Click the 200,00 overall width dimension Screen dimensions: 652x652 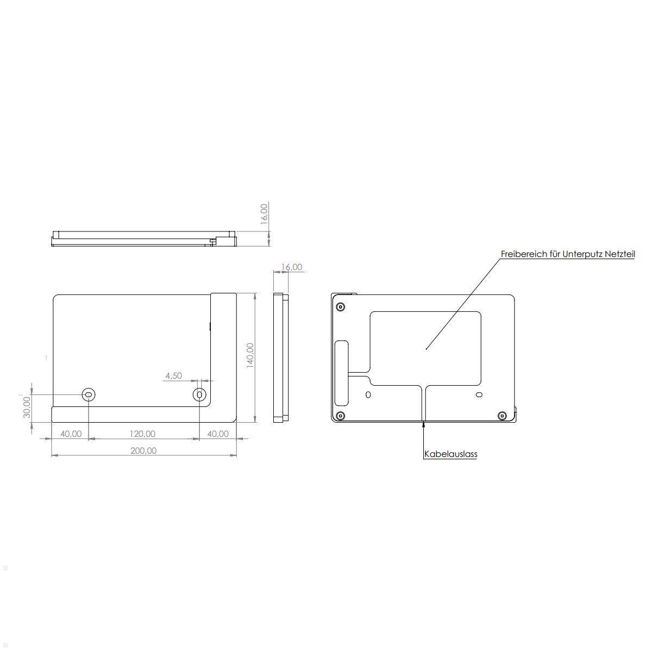pyautogui.click(x=143, y=450)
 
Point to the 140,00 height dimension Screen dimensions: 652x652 pyautogui.click(x=250, y=355)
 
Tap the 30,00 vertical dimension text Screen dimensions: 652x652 pyautogui.click(x=27, y=407)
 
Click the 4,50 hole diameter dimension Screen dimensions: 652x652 pyautogui.click(x=173, y=375)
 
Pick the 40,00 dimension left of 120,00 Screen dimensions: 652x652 pyautogui.click(x=71, y=434)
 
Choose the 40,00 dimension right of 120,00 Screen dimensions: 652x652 pyautogui.click(x=217, y=434)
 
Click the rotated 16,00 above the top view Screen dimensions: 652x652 pyautogui.click(x=264, y=214)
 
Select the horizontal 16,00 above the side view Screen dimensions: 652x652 pyautogui.click(x=291, y=267)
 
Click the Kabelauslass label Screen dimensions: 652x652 pyautogui.click(x=450, y=454)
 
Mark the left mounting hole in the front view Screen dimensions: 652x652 pyautogui.click(x=88, y=394)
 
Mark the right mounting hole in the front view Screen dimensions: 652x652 pyautogui.click(x=200, y=394)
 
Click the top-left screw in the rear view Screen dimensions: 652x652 pyautogui.click(x=340, y=307)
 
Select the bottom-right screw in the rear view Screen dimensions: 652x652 pyautogui.click(x=502, y=416)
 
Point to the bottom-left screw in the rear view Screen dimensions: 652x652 pyautogui.click(x=340, y=416)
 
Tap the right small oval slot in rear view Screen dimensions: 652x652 pyautogui.click(x=479, y=394)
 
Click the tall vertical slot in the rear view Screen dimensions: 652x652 pyautogui.click(x=342, y=373)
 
